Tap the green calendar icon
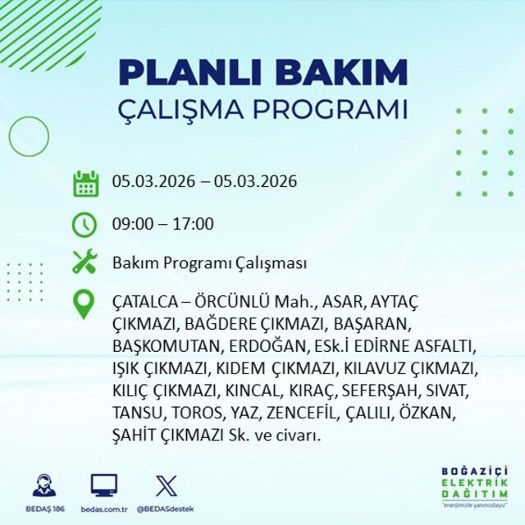click(85, 182)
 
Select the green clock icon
click(85, 224)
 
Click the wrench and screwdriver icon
click(85, 262)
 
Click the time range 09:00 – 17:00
click(162, 224)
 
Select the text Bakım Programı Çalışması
click(209, 263)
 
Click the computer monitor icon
click(103, 485)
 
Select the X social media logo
click(166, 485)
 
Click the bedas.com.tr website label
click(103, 509)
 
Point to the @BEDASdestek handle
click(166, 509)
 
